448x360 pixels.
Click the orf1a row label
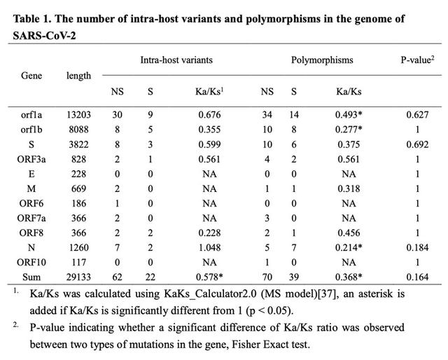click(31, 115)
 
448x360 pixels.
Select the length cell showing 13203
click(78, 115)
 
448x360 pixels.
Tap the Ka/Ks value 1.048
click(210, 248)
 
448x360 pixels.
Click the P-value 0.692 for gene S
click(417, 144)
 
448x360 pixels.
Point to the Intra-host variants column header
click(176, 60)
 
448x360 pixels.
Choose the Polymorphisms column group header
click(322, 60)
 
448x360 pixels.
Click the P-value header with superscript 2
click(417, 60)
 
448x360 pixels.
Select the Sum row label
click(31, 277)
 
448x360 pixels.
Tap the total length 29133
click(78, 277)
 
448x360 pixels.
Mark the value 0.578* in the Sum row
click(209, 277)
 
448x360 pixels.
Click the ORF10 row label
click(31, 262)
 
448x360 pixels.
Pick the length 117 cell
click(79, 262)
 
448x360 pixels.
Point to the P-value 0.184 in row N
click(417, 248)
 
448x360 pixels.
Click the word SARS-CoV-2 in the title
click(44, 36)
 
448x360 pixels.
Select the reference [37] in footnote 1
click(328, 294)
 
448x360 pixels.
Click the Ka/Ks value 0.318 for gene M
click(349, 188)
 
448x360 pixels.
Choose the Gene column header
click(31, 76)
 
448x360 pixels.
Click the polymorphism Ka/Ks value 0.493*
click(349, 115)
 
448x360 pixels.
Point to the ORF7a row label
click(31, 219)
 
